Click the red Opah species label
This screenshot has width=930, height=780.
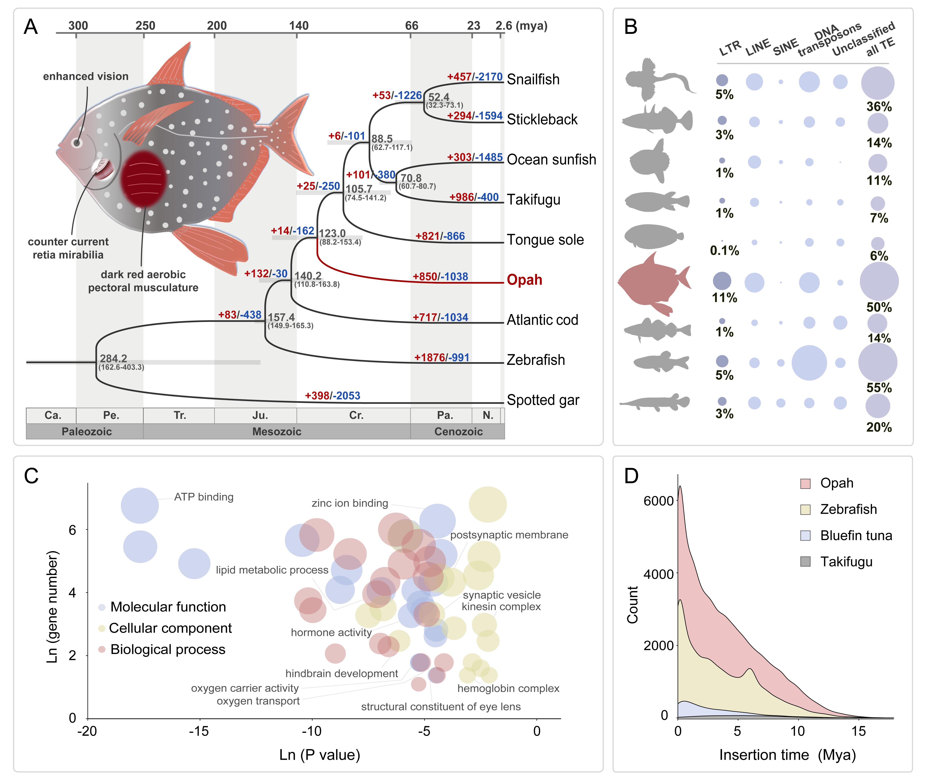coord(524,280)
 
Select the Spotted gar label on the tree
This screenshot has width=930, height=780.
coord(543,400)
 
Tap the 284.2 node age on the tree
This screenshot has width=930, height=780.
coord(113,358)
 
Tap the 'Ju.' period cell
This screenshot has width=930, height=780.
coord(260,415)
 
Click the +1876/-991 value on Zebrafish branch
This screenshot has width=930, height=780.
coord(441,358)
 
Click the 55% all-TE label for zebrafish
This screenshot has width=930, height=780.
coord(879,388)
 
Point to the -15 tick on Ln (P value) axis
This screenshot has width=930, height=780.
coord(199,731)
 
